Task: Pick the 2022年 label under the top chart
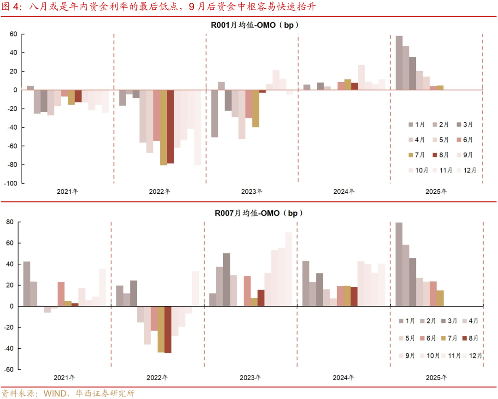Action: (x=160, y=191)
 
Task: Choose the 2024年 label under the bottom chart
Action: (x=344, y=378)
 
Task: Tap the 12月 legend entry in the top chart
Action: (x=468, y=170)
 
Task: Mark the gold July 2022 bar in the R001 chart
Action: (x=163, y=127)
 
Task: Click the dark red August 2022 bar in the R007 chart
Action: (x=168, y=329)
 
